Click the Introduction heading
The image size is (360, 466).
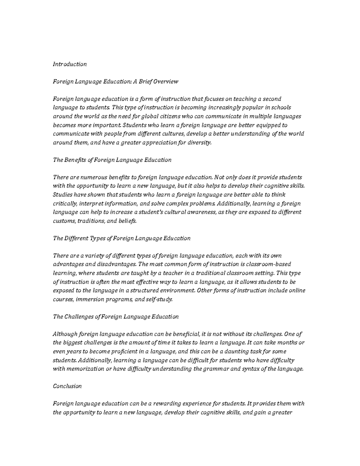tap(70, 64)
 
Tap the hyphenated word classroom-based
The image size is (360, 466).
tap(268, 264)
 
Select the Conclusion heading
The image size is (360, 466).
tap(67, 386)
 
